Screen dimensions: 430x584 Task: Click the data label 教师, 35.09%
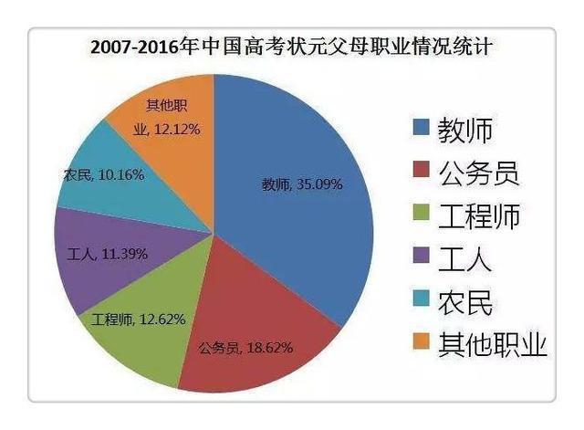302,184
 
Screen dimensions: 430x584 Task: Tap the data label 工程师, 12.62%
139,320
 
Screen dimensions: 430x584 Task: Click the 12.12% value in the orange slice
175,129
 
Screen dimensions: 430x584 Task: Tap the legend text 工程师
480,216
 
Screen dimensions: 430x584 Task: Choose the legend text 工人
465,259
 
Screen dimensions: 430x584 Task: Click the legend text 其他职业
493,345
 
